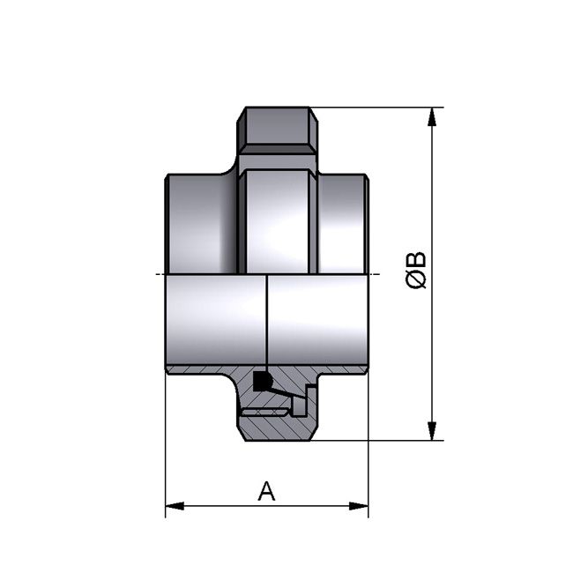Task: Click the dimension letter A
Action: coord(266,491)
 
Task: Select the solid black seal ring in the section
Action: coord(261,382)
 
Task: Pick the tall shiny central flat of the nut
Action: coord(277,220)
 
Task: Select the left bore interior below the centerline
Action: coord(215,317)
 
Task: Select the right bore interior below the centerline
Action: coord(317,317)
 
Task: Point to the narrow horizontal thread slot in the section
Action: coord(264,411)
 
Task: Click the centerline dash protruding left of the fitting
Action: coord(158,274)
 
